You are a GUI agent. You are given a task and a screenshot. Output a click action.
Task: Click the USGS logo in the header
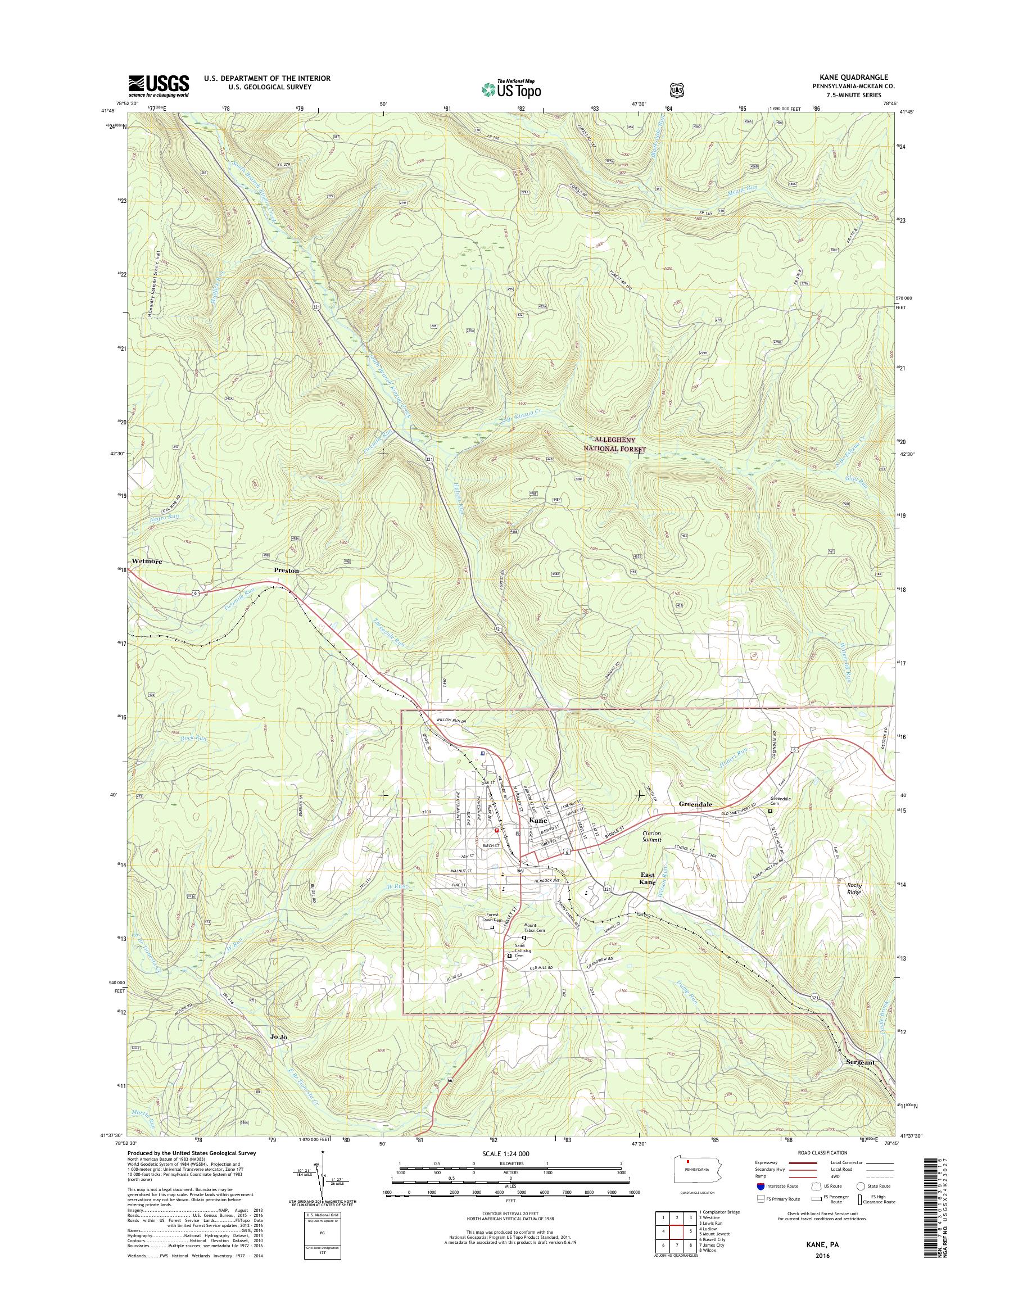coord(159,85)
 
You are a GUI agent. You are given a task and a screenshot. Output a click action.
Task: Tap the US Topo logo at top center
coord(511,89)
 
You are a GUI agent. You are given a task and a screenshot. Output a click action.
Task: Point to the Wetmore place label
coord(146,562)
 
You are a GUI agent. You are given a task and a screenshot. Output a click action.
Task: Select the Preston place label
coord(286,571)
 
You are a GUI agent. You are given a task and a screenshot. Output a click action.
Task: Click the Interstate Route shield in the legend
coord(761,1186)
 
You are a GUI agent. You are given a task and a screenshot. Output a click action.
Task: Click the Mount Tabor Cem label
coord(533,944)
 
